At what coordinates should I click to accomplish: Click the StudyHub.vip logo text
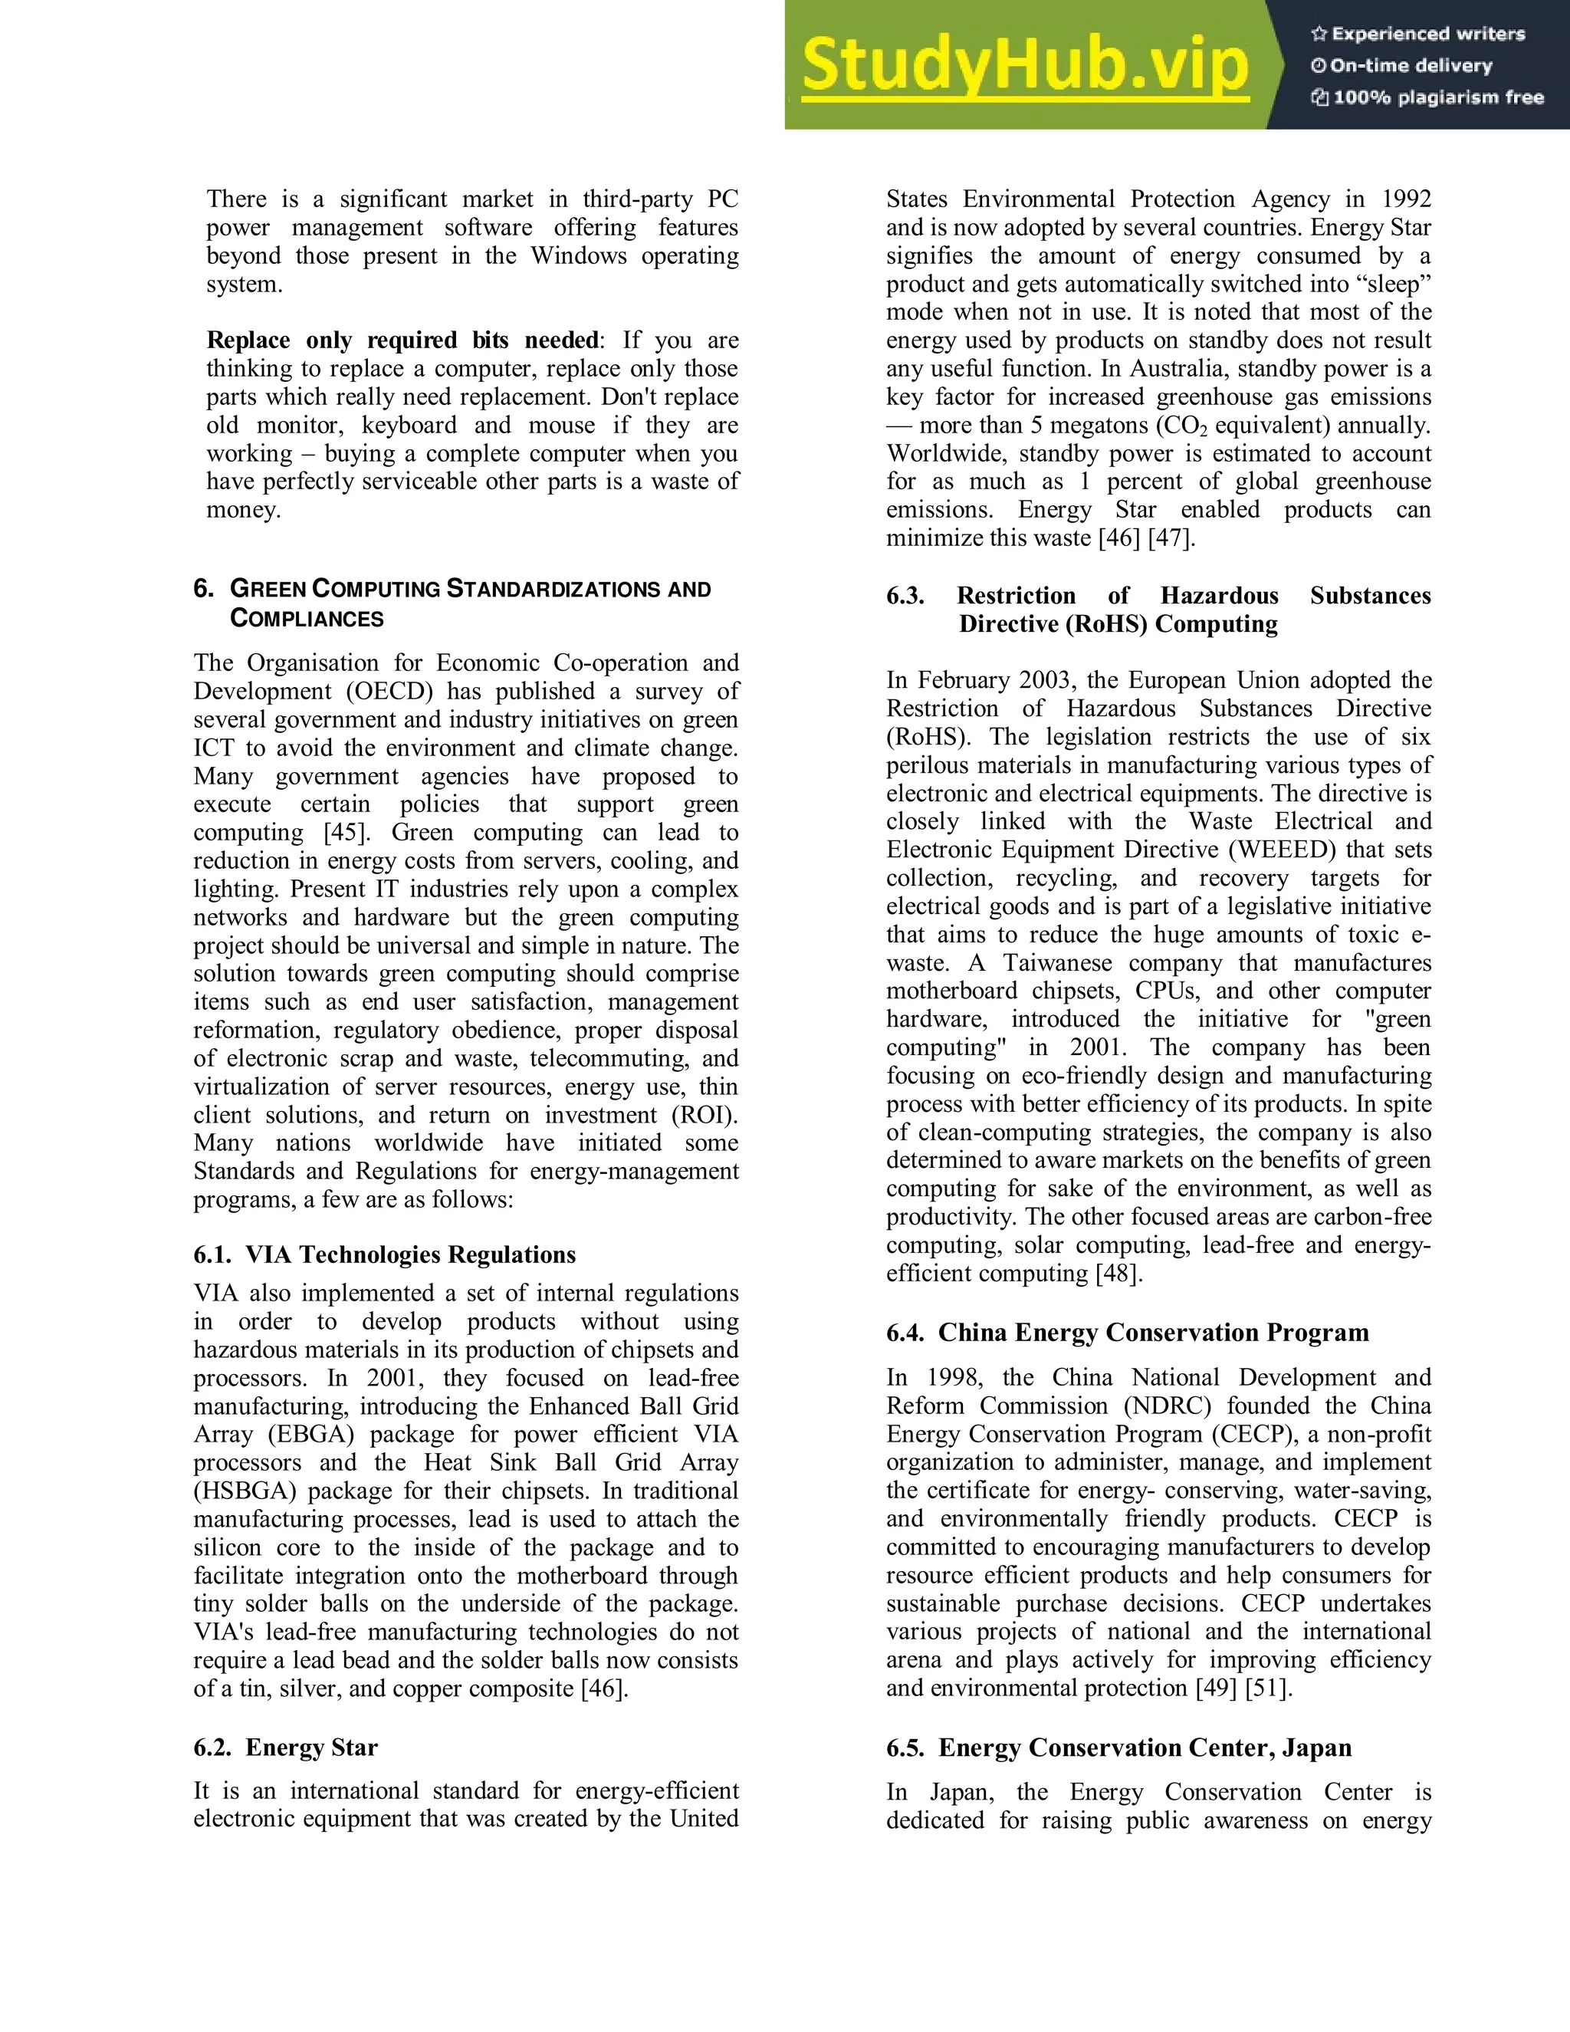pos(1024,66)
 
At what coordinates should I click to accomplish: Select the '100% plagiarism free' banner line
pos(1427,97)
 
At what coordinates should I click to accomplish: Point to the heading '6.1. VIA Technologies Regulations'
pos(384,1255)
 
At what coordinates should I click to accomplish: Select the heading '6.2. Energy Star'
pos(285,1748)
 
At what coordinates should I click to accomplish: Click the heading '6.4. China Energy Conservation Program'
pos(1127,1333)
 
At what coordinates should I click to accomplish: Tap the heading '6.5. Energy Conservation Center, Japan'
pos(1119,1748)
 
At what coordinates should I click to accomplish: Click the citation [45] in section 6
pos(347,833)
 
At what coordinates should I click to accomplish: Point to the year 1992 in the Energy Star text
pos(1405,199)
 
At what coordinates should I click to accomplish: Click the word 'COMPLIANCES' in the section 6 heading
pos(307,619)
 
